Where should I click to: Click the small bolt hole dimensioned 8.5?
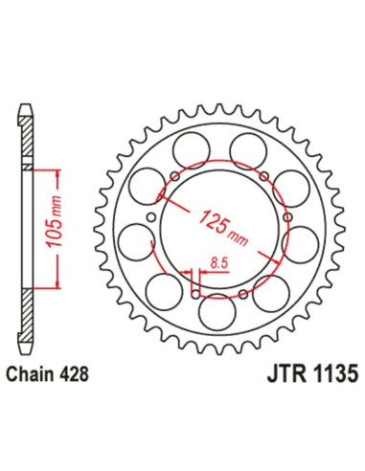[197, 295]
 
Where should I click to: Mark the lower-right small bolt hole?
[246, 292]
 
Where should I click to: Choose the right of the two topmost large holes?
[247, 147]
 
